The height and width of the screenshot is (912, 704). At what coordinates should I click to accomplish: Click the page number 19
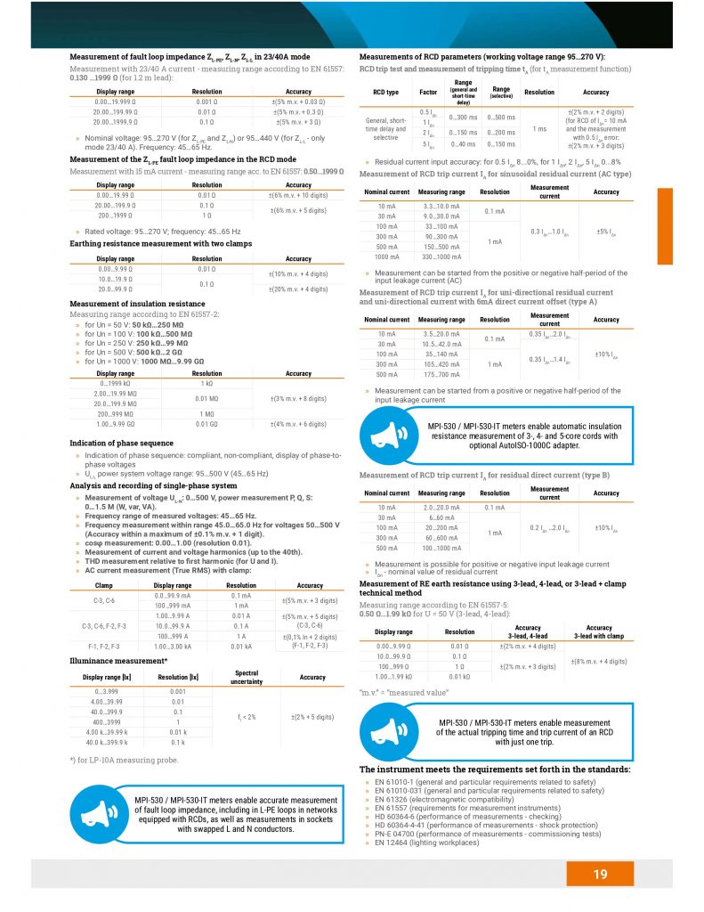pyautogui.click(x=600, y=874)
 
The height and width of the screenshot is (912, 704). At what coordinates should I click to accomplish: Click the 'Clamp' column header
pyautogui.click(x=103, y=585)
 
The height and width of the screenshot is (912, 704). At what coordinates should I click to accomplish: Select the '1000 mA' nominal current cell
pyautogui.click(x=382, y=256)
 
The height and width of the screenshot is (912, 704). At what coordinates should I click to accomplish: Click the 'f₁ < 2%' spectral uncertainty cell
pyautogui.click(x=247, y=716)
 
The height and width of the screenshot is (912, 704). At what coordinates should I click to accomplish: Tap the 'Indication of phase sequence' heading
pyautogui.click(x=121, y=443)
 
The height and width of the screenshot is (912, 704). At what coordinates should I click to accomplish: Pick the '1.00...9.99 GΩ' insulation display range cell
pyautogui.click(x=116, y=424)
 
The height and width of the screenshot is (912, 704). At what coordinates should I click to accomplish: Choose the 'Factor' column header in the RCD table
pyautogui.click(x=428, y=92)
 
